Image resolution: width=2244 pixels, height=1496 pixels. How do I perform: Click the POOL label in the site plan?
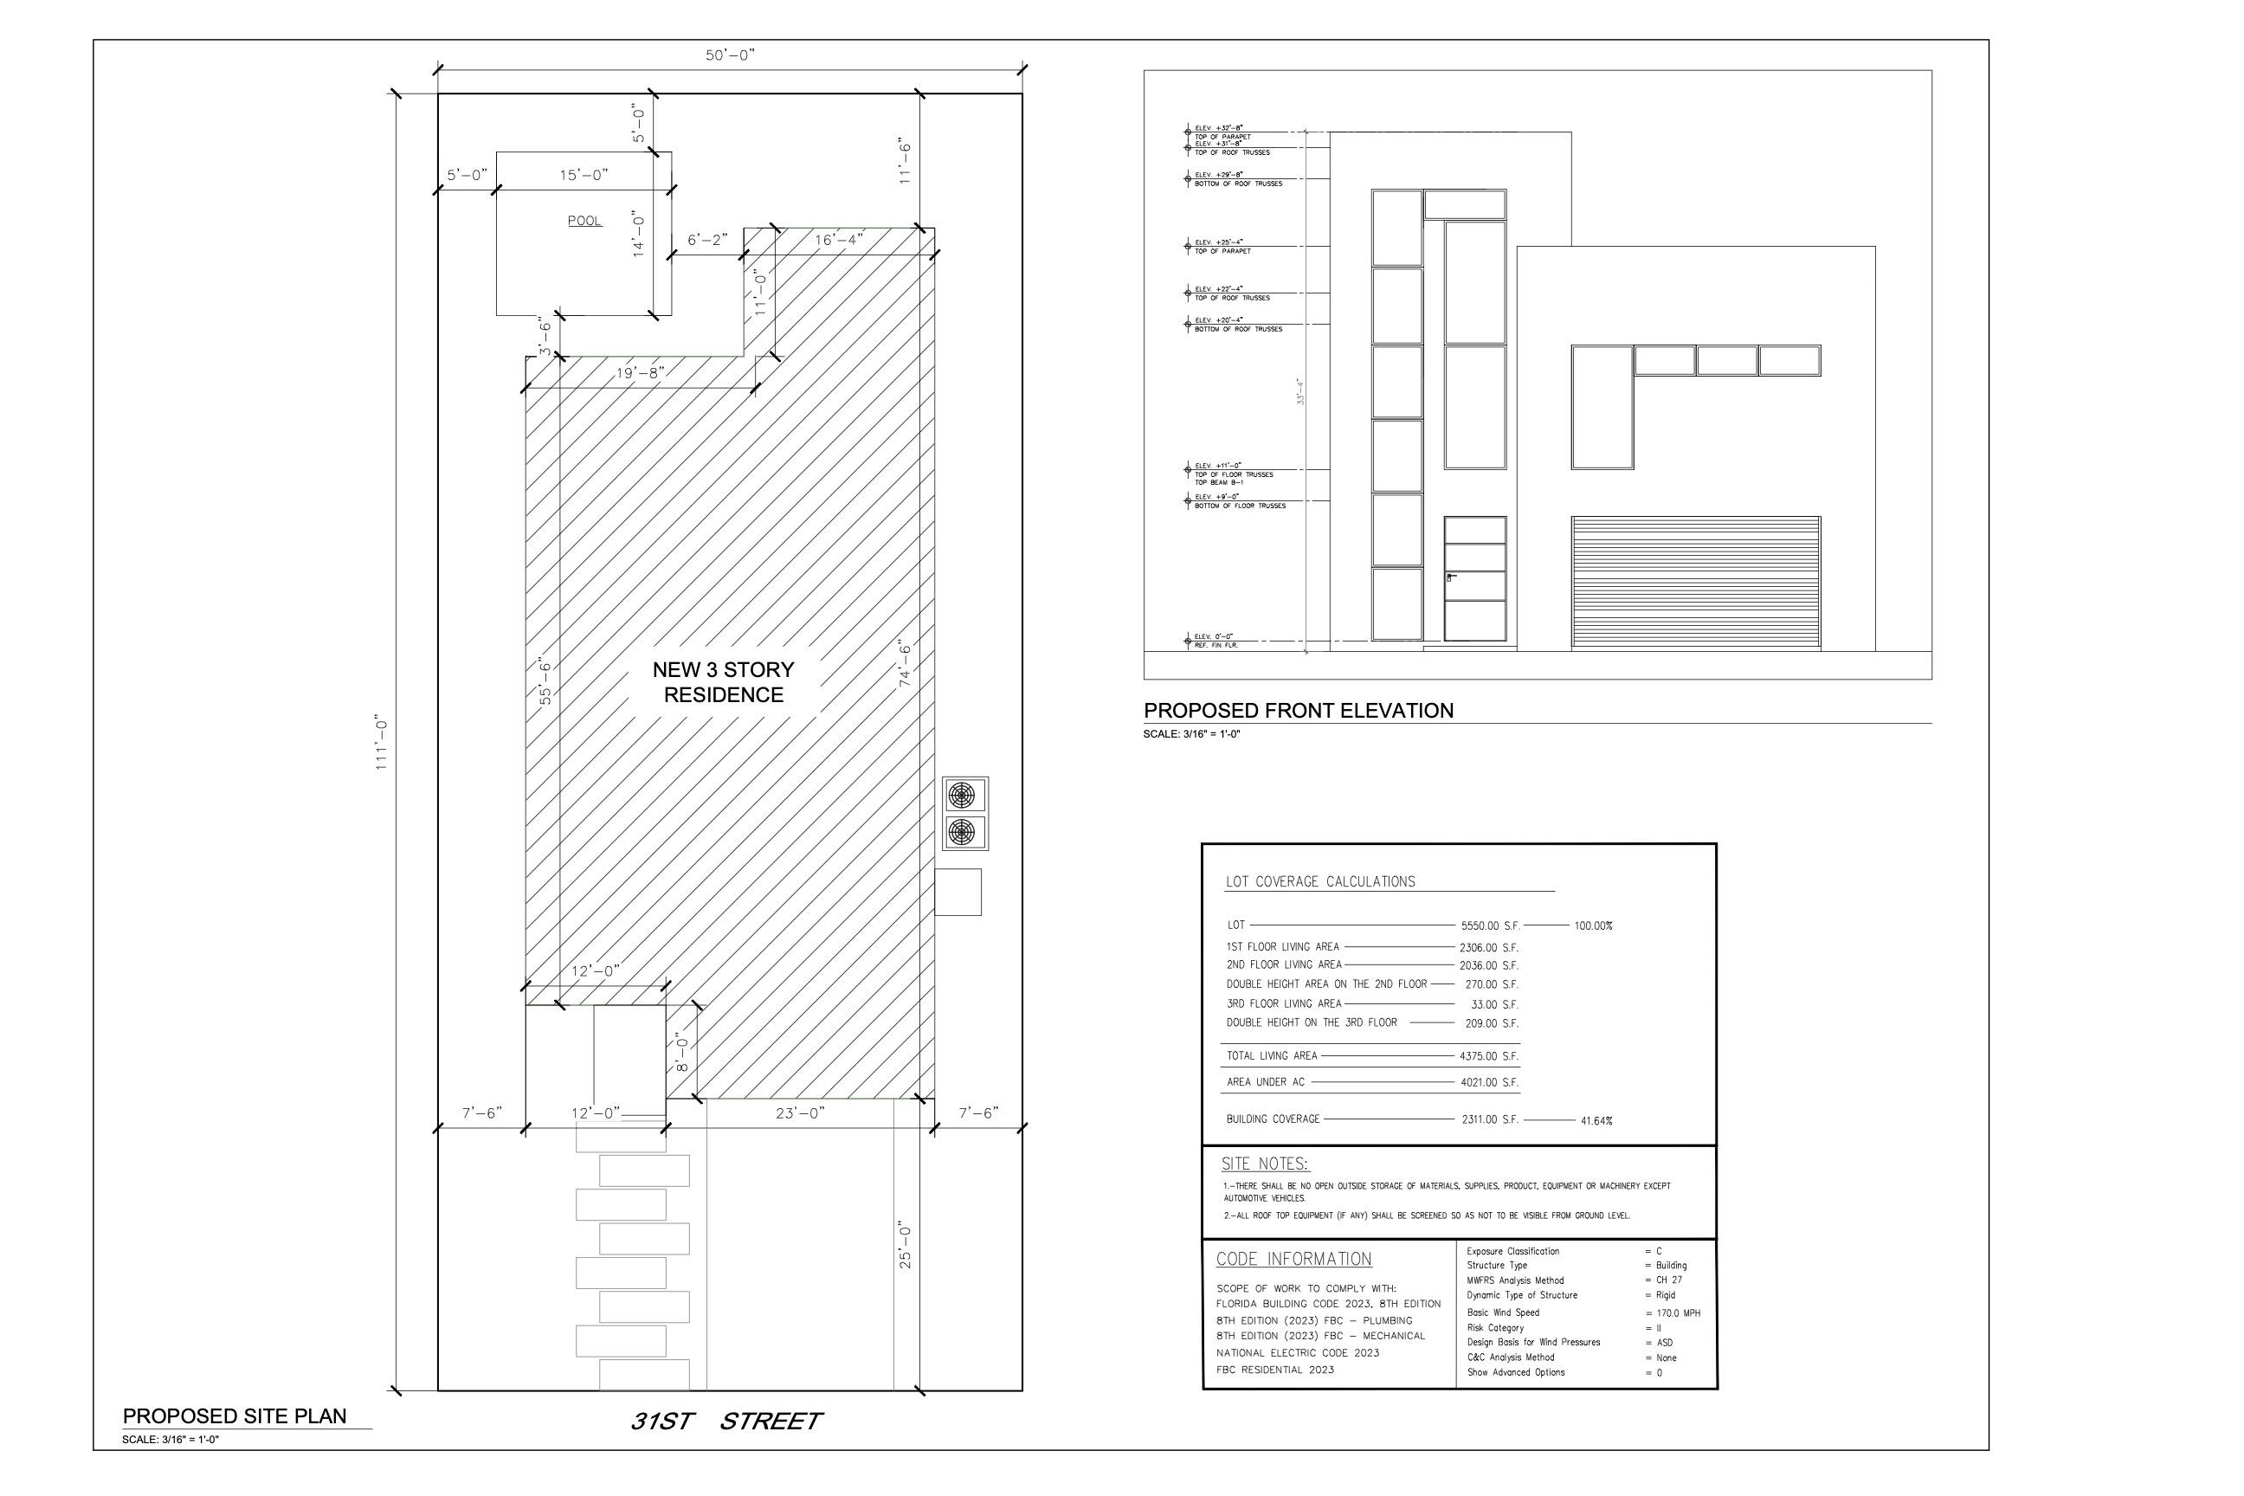[585, 222]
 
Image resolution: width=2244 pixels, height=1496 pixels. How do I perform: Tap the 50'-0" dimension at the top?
[730, 55]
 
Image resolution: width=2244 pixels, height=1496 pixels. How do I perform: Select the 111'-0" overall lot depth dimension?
[382, 742]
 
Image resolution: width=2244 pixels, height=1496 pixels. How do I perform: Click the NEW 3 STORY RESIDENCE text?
[723, 682]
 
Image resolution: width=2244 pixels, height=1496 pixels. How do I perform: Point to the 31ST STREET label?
[725, 1422]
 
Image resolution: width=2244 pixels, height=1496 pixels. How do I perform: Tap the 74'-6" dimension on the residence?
[905, 662]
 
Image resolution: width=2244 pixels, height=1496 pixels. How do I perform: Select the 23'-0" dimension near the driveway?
[800, 1112]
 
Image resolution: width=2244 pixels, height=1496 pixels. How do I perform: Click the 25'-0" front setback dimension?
[906, 1244]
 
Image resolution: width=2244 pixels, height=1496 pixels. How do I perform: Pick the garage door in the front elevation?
[1695, 583]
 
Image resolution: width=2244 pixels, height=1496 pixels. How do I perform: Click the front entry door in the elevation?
[1474, 579]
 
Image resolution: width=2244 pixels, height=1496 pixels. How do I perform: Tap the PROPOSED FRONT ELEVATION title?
[1299, 711]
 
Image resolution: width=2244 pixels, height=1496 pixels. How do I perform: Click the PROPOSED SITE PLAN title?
[235, 1415]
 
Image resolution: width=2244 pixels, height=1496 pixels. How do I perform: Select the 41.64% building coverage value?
[1596, 1121]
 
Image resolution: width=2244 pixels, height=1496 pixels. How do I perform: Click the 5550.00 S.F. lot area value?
[1489, 925]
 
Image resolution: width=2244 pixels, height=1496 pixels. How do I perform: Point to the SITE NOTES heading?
[1265, 1164]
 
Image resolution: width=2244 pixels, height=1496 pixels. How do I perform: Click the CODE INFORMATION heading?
[1293, 1260]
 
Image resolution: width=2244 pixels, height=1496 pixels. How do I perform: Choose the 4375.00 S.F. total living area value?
[1488, 1056]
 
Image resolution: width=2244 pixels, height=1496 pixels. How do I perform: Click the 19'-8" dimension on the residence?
[640, 373]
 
